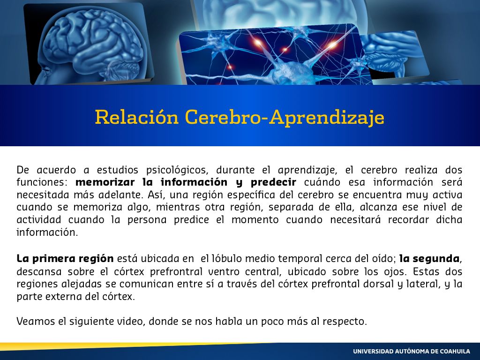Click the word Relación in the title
136,117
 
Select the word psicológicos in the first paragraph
177,170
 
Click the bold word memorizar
105,182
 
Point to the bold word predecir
273,183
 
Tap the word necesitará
355,220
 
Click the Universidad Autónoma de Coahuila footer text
412,352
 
